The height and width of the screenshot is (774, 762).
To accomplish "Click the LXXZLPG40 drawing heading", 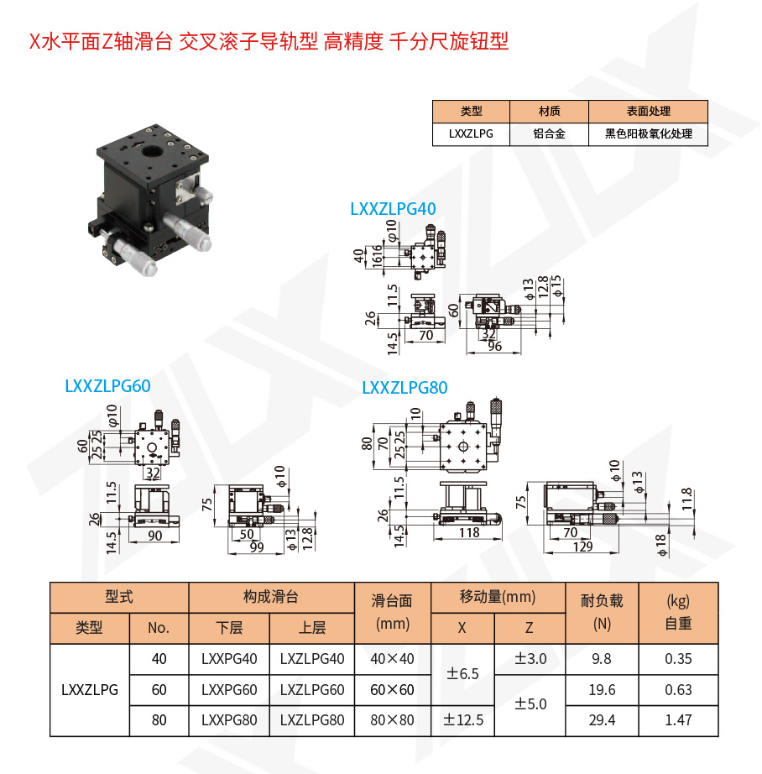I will point(393,210).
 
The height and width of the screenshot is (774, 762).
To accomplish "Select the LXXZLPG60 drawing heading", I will point(107,386).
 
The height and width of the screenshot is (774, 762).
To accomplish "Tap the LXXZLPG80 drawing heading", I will point(404,388).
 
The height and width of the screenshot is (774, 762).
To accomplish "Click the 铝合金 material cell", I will point(549,133).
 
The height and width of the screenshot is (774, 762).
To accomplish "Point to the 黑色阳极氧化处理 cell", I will point(649,133).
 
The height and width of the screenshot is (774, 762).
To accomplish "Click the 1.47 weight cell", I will point(678,720).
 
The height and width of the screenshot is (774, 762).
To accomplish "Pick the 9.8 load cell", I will point(603,659).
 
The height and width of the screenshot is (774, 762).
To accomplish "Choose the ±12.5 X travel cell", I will point(463,720).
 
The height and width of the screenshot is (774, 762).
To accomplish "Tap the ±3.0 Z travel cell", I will point(530,659).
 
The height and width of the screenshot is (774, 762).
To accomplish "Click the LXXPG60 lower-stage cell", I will point(229,690).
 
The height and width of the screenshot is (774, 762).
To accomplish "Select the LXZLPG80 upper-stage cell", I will point(312,720).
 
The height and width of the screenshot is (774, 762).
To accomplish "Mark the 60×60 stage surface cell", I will point(393,690).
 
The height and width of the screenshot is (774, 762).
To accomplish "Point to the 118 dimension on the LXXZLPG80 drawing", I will point(469,532).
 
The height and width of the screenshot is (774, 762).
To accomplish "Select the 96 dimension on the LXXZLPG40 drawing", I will point(494,346).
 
